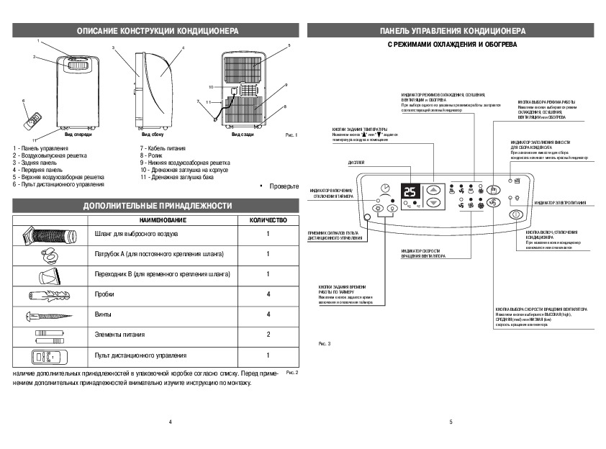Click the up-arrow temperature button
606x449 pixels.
click(x=433, y=191)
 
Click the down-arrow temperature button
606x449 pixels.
click(x=433, y=204)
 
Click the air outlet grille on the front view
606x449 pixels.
click(x=76, y=68)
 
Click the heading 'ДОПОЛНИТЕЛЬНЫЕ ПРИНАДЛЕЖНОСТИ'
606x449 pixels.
click(x=156, y=205)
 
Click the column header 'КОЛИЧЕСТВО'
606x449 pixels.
click(x=268, y=219)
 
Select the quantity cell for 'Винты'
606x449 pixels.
click(x=268, y=314)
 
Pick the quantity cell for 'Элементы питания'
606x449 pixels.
click(x=268, y=335)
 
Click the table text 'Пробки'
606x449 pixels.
click(x=104, y=294)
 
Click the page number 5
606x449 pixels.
click(x=451, y=422)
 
